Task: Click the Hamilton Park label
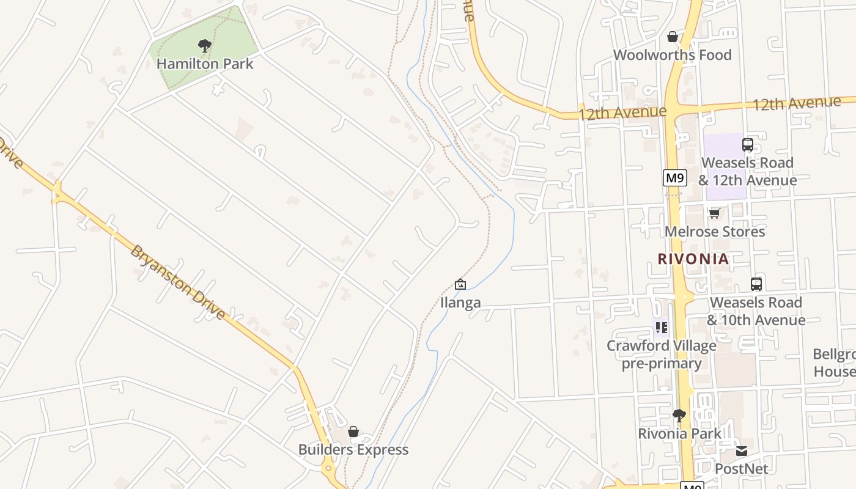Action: (x=205, y=64)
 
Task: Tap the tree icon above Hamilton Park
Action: (x=205, y=45)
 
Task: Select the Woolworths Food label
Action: (x=672, y=55)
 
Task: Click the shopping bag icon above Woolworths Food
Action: (x=673, y=37)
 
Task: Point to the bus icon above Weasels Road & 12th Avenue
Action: (x=747, y=145)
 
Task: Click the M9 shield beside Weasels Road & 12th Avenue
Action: (x=675, y=178)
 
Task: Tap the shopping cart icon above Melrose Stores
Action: (x=714, y=213)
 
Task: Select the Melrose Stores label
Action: (x=714, y=232)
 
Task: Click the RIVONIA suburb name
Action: (x=693, y=259)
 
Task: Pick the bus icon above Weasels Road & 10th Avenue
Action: (x=756, y=284)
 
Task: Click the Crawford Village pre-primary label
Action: (x=662, y=355)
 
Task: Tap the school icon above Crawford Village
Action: (x=661, y=328)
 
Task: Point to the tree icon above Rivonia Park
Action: (x=679, y=416)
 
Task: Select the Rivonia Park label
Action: (x=679, y=433)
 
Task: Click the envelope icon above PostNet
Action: (x=741, y=451)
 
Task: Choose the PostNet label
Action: (x=741, y=469)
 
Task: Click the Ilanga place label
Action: (x=460, y=303)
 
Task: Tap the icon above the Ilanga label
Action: (x=460, y=284)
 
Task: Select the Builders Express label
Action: (x=353, y=450)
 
